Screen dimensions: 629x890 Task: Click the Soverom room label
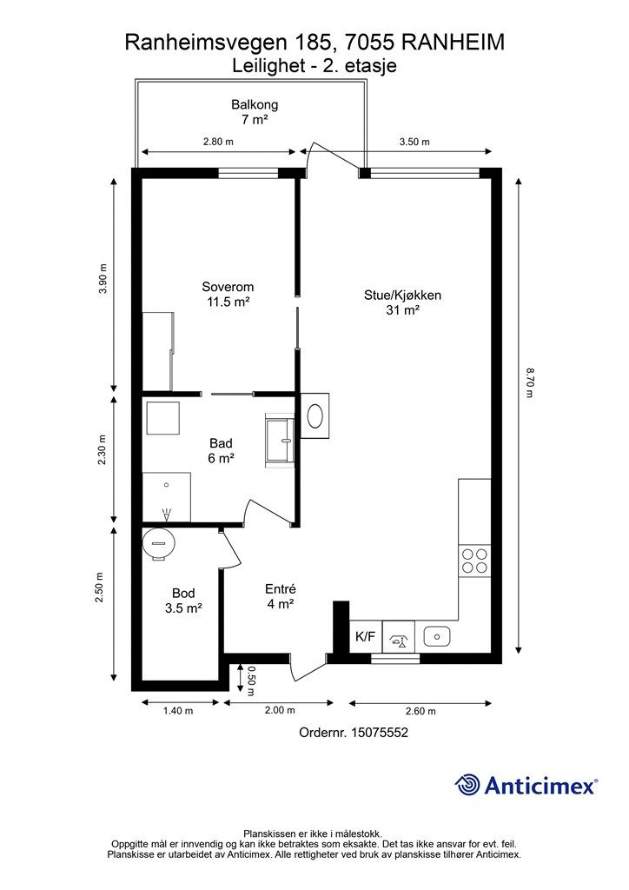tap(228, 294)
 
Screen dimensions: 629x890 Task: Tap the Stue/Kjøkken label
tap(403, 302)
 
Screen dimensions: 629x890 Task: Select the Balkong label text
tap(255, 112)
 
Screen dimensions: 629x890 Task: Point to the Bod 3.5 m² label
tap(184, 601)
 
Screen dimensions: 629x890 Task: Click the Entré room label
tap(281, 596)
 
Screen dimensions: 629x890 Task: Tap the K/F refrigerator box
tap(365, 636)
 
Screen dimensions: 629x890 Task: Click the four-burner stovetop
tap(474, 561)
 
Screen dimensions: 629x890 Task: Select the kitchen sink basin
tap(437, 637)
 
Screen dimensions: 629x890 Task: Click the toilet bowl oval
tap(315, 416)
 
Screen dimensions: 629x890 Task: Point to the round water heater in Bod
tap(159, 544)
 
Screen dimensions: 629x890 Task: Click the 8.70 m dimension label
tap(529, 382)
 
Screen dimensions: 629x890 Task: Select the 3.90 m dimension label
tap(103, 279)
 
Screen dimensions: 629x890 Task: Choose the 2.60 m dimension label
tap(420, 711)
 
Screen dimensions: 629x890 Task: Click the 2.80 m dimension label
tap(218, 142)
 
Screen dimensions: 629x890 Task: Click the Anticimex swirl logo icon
tap(467, 785)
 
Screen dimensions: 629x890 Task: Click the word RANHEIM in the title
tap(453, 43)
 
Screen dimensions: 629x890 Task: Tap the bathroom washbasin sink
tap(281, 441)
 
